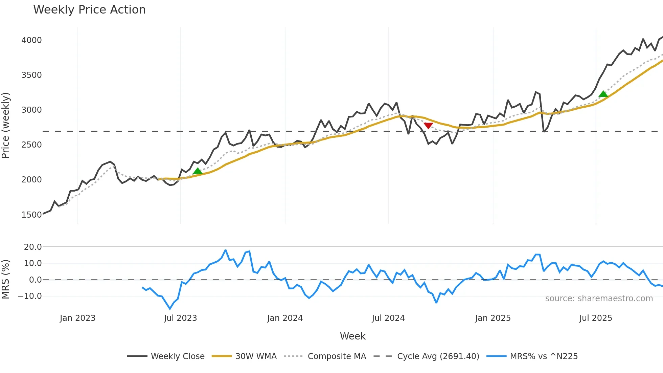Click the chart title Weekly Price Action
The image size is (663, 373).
click(x=89, y=10)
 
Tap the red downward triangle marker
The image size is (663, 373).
click(x=428, y=126)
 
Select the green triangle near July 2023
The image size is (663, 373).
click(x=198, y=171)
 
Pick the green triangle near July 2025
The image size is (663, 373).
click(x=603, y=94)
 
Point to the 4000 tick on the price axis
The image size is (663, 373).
click(x=31, y=40)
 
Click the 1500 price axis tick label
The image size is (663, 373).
click(x=31, y=215)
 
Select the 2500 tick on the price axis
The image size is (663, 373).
click(x=31, y=145)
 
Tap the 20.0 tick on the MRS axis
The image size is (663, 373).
click(x=33, y=247)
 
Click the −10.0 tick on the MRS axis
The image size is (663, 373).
click(x=30, y=296)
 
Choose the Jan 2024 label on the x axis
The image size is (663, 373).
click(x=285, y=318)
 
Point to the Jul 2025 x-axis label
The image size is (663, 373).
click(x=596, y=318)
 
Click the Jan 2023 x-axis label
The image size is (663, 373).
click(x=77, y=318)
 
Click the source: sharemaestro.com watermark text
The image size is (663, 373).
click(x=599, y=299)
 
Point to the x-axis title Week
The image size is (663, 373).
click(x=352, y=336)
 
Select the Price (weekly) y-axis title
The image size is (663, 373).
click(x=6, y=125)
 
